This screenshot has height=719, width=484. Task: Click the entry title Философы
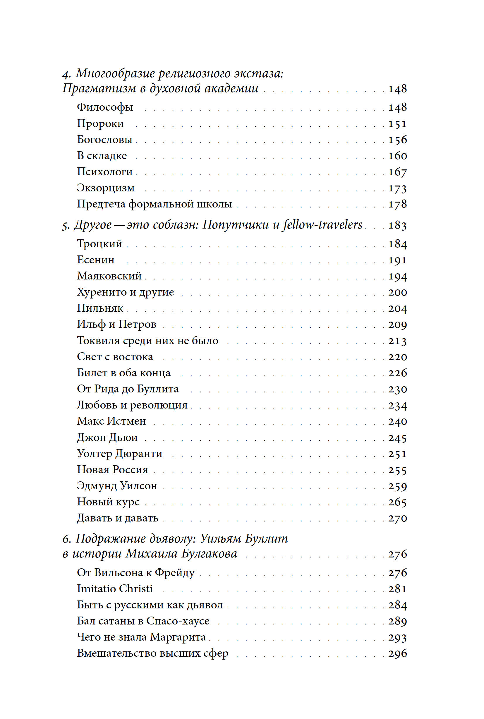coord(105,107)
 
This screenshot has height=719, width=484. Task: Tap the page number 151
coord(398,123)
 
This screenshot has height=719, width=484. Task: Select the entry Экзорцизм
coord(106,188)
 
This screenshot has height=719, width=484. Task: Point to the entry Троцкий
coord(99,243)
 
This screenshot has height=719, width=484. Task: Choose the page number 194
coord(398,276)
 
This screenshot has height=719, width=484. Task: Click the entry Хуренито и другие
coord(125,292)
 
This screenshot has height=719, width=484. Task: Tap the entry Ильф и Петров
coord(116,324)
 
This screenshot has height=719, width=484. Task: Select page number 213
coord(398,341)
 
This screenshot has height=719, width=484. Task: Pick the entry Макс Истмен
coord(111,421)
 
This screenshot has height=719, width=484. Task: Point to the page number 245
coord(398,437)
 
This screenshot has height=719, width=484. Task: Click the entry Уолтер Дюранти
coord(119,453)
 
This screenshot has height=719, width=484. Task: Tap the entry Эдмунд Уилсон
coord(117,485)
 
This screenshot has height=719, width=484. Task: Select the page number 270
coord(398,518)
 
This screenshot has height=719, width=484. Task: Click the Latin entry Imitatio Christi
coord(115,588)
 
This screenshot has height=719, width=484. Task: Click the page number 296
coord(398,653)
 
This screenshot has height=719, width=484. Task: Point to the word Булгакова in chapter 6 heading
coord(209,554)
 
